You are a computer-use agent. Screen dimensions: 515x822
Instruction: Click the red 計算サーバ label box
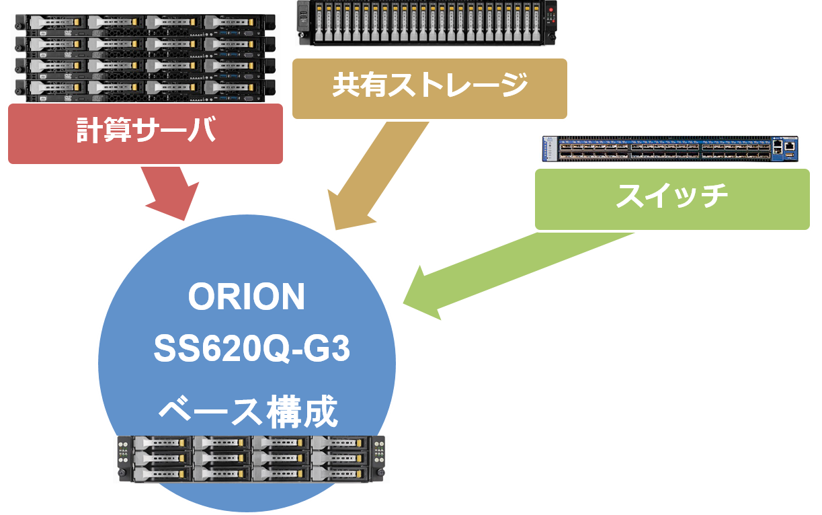pos(145,133)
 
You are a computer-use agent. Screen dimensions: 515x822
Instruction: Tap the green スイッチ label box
pos(672,199)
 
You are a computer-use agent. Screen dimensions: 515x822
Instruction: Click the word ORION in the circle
pos(247,297)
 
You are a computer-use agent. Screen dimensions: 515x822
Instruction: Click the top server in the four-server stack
pos(145,24)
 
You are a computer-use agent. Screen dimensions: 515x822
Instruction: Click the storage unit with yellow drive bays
pos(427,22)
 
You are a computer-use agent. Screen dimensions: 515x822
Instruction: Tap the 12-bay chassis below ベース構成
pos(251,459)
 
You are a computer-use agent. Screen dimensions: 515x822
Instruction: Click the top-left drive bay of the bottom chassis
pos(162,443)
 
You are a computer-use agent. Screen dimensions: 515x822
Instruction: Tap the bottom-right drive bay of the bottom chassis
pos(340,473)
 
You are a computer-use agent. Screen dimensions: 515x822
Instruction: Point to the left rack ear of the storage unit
pos(301,22)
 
